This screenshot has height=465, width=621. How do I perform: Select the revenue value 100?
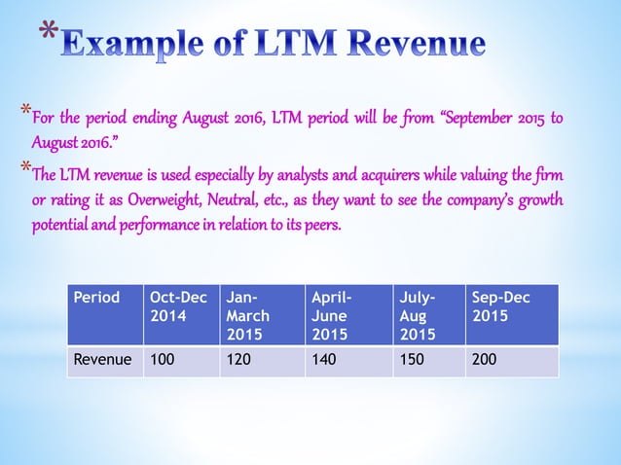point(163,361)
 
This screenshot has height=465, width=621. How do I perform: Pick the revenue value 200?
point(484,361)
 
